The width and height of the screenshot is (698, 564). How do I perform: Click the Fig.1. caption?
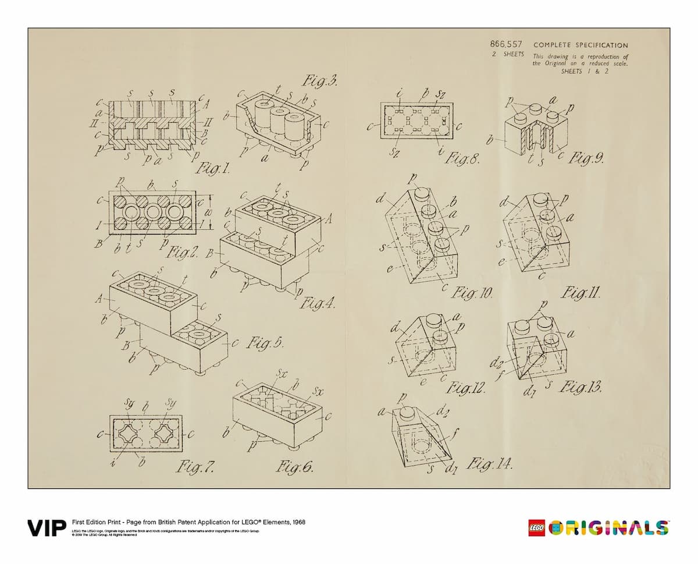[x=213, y=169]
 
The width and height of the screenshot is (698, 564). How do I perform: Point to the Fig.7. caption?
[x=197, y=466]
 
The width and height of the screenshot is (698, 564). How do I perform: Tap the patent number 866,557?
[x=507, y=44]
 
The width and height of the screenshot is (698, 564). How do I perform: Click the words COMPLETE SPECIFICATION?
[x=580, y=45]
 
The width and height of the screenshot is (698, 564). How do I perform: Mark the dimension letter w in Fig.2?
[x=212, y=211]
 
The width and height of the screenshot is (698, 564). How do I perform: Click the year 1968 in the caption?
[x=297, y=522]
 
